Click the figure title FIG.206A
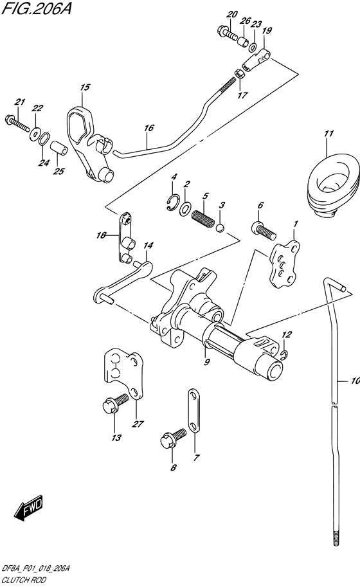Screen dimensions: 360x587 click(36, 8)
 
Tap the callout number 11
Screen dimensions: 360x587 click(329, 134)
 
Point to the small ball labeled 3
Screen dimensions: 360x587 click(221, 227)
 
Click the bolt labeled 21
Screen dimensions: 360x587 click(17, 124)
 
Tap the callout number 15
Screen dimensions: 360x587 click(85, 87)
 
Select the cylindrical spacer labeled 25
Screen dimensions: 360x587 click(59, 149)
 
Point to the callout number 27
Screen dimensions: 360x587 click(138, 424)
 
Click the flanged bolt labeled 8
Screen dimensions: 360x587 click(173, 437)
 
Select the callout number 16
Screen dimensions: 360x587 click(149, 128)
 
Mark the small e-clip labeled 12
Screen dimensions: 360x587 click(283, 354)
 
